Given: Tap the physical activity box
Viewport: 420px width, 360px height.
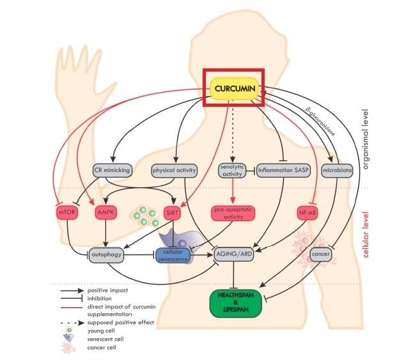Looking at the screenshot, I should pyautogui.click(x=174, y=171).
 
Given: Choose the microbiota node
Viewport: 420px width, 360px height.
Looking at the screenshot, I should pyautogui.click(x=339, y=171).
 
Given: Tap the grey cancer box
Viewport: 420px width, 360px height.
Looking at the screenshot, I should pyautogui.click(x=320, y=254).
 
